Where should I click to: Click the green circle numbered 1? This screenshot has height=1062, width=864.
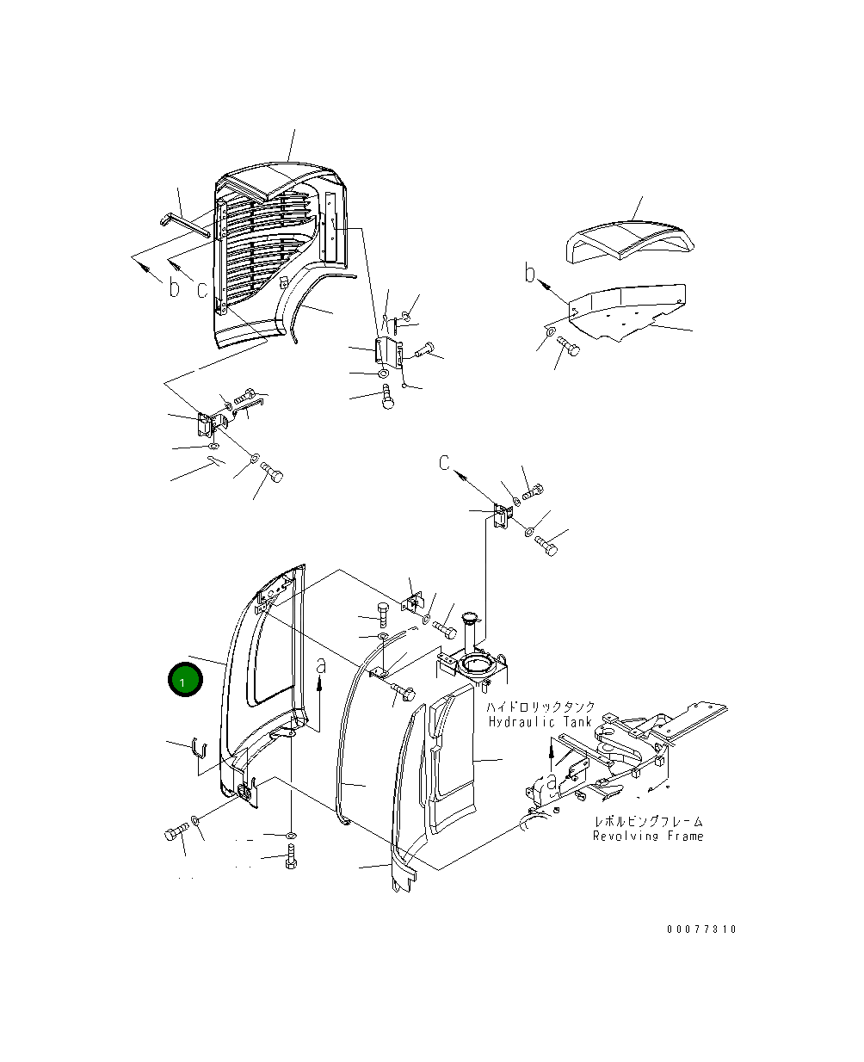click(184, 681)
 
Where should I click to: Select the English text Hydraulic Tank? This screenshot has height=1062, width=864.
click(540, 722)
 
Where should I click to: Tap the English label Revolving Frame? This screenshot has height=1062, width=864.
click(647, 836)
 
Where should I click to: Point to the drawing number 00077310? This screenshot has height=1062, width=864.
click(701, 929)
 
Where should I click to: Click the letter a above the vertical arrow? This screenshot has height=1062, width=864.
click(321, 665)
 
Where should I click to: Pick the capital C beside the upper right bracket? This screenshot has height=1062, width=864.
click(444, 464)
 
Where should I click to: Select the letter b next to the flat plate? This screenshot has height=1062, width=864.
click(531, 275)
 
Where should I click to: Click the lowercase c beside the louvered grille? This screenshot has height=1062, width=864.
click(202, 290)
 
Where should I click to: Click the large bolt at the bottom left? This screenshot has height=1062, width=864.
click(176, 833)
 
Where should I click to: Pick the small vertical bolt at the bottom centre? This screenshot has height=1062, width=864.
click(292, 857)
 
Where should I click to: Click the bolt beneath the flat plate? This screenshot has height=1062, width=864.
click(568, 348)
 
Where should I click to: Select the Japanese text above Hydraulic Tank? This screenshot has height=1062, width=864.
click(540, 707)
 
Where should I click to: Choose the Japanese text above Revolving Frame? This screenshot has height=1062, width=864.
click(647, 822)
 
